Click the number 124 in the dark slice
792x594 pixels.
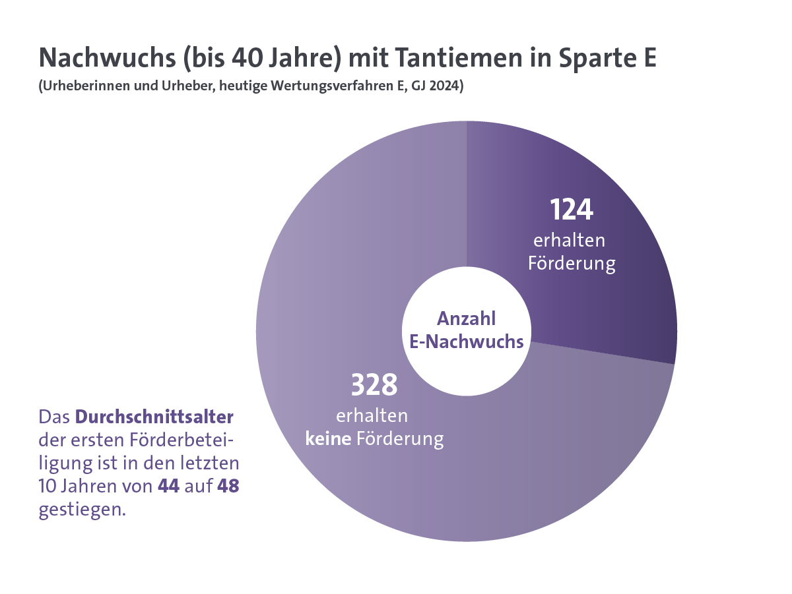[x=572, y=210]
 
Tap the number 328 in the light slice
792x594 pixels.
[x=374, y=385]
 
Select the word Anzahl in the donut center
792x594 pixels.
[x=467, y=319]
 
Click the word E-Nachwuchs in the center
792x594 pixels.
[x=467, y=342]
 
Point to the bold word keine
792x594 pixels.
[x=328, y=438]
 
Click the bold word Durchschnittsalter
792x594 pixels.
[x=155, y=417]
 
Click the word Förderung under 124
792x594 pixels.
[x=572, y=264]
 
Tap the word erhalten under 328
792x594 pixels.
[x=372, y=417]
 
